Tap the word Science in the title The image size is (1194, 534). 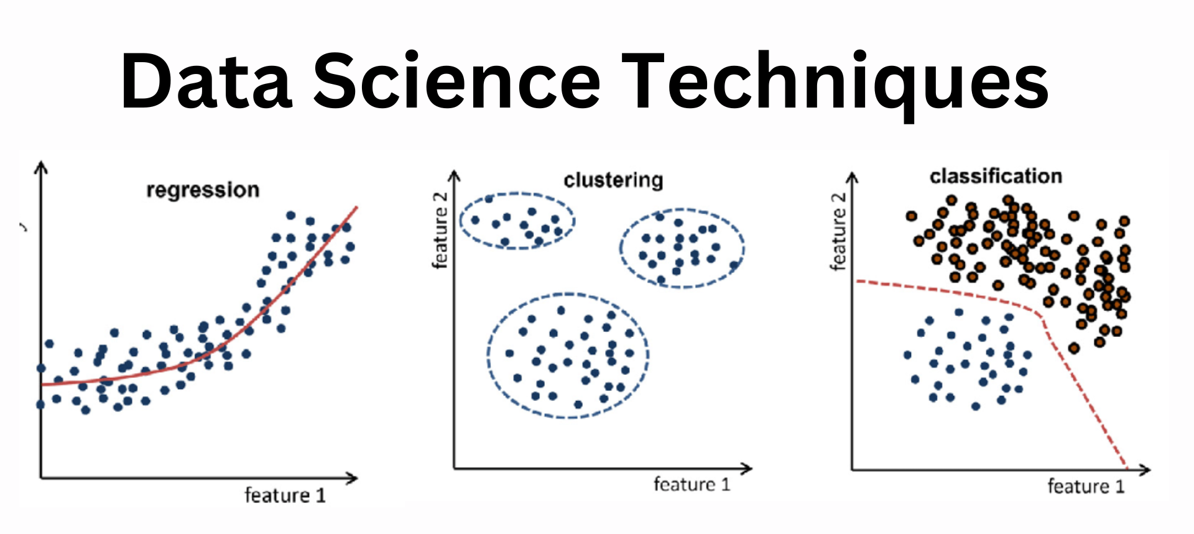pyautogui.click(x=457, y=80)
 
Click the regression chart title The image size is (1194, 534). pyautogui.click(x=203, y=190)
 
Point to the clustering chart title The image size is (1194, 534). pyautogui.click(x=613, y=180)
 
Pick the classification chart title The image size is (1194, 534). pyautogui.click(x=996, y=177)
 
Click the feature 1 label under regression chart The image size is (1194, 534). pyautogui.click(x=285, y=495)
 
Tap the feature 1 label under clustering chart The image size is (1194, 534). pyautogui.click(x=692, y=484)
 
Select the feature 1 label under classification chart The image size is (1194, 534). pyautogui.click(x=1086, y=486)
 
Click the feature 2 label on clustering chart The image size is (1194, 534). pyautogui.click(x=440, y=230)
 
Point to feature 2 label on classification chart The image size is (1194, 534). pyautogui.click(x=838, y=231)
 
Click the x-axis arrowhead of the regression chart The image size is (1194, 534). pyautogui.click(x=352, y=478)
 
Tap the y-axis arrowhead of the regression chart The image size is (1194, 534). pyautogui.click(x=41, y=167)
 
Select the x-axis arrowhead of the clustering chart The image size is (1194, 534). pyautogui.click(x=746, y=468)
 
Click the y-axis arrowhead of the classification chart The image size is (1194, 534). pyautogui.click(x=852, y=178)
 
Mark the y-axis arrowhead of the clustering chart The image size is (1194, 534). pyautogui.click(x=455, y=177)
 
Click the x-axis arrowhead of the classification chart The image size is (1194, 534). pyautogui.click(x=1144, y=469)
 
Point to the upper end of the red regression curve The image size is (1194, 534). pyautogui.click(x=357, y=207)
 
